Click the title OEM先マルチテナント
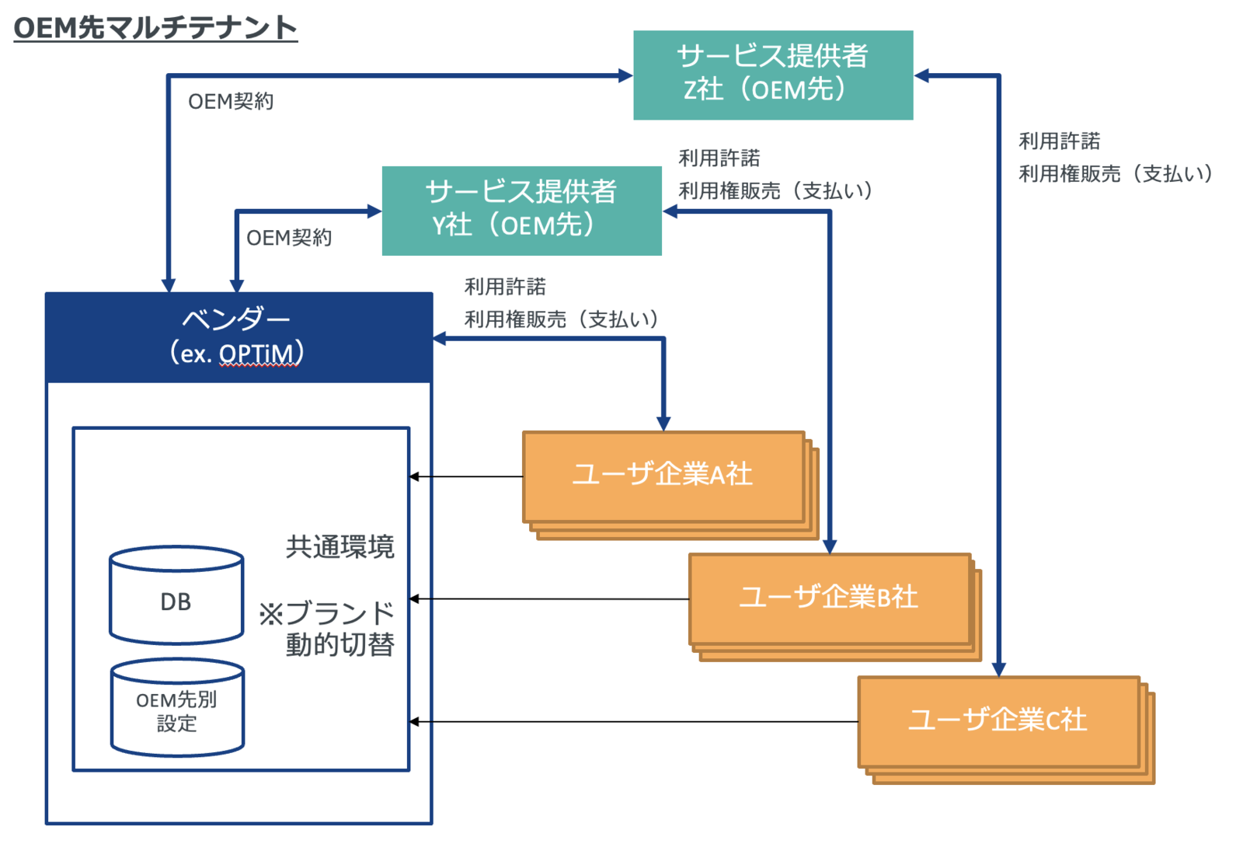[155, 28]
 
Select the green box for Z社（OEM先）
[772, 75]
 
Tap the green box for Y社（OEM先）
[521, 210]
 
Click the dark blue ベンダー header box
[239, 337]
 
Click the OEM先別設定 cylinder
[177, 709]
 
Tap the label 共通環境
[339, 547]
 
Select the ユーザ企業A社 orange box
[663, 476]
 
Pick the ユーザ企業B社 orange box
[829, 598]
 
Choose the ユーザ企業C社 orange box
[998, 720]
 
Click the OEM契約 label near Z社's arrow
[231, 102]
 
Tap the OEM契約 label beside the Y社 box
[289, 238]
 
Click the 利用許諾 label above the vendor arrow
[505, 287]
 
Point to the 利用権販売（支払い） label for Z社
[1116, 174]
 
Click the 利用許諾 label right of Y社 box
[719, 159]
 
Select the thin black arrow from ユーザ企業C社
[633, 722]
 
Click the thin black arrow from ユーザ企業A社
[466, 476]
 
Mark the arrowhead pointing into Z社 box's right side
[922, 75]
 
